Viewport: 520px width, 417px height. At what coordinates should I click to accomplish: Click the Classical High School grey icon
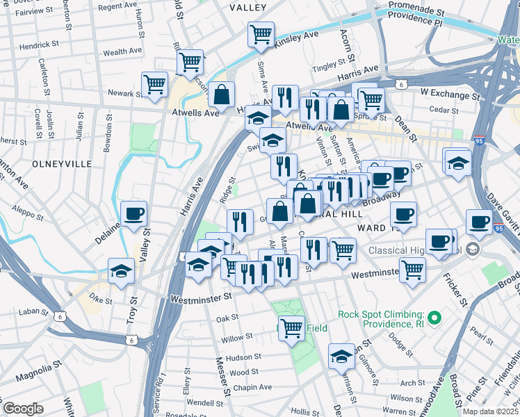pyautogui.click(x=473, y=250)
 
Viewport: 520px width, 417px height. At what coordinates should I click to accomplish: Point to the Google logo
pyautogui.click(x=23, y=409)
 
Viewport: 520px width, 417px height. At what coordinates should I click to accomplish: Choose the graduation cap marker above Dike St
pyautogui.click(x=121, y=270)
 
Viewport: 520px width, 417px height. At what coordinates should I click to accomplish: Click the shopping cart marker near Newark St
pyautogui.click(x=154, y=84)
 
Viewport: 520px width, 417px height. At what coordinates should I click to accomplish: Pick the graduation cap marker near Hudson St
pyautogui.click(x=341, y=356)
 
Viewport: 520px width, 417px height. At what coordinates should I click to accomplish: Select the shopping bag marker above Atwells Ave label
pyautogui.click(x=221, y=93)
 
